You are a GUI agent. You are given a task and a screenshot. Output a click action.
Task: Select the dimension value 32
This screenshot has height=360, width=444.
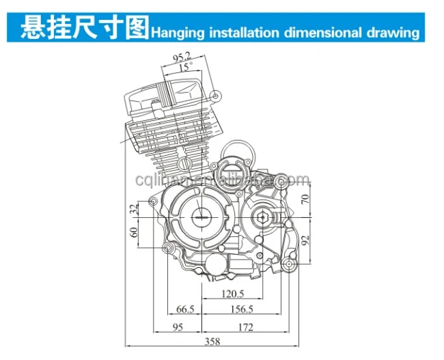point(134,210)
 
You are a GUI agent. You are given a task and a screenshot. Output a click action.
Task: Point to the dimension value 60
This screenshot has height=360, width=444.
point(134,232)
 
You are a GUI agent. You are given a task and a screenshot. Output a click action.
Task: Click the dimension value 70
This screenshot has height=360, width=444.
point(305,199)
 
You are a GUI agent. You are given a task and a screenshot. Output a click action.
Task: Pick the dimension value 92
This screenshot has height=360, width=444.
point(305,240)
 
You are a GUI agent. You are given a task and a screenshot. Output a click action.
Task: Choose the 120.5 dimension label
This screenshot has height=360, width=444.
point(232,294)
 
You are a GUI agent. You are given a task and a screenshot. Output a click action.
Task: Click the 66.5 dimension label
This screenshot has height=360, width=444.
point(185,309)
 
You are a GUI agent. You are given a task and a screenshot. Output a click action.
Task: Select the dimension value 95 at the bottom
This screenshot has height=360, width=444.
point(176,327)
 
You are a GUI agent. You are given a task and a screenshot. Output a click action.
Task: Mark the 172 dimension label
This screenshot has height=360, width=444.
point(244,327)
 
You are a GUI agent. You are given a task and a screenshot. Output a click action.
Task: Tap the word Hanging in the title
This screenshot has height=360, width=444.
point(177,32)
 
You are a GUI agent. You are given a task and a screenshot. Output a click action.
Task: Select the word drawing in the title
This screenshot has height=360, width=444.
point(394,32)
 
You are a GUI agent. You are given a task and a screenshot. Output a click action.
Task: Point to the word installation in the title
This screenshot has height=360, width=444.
point(242,32)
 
